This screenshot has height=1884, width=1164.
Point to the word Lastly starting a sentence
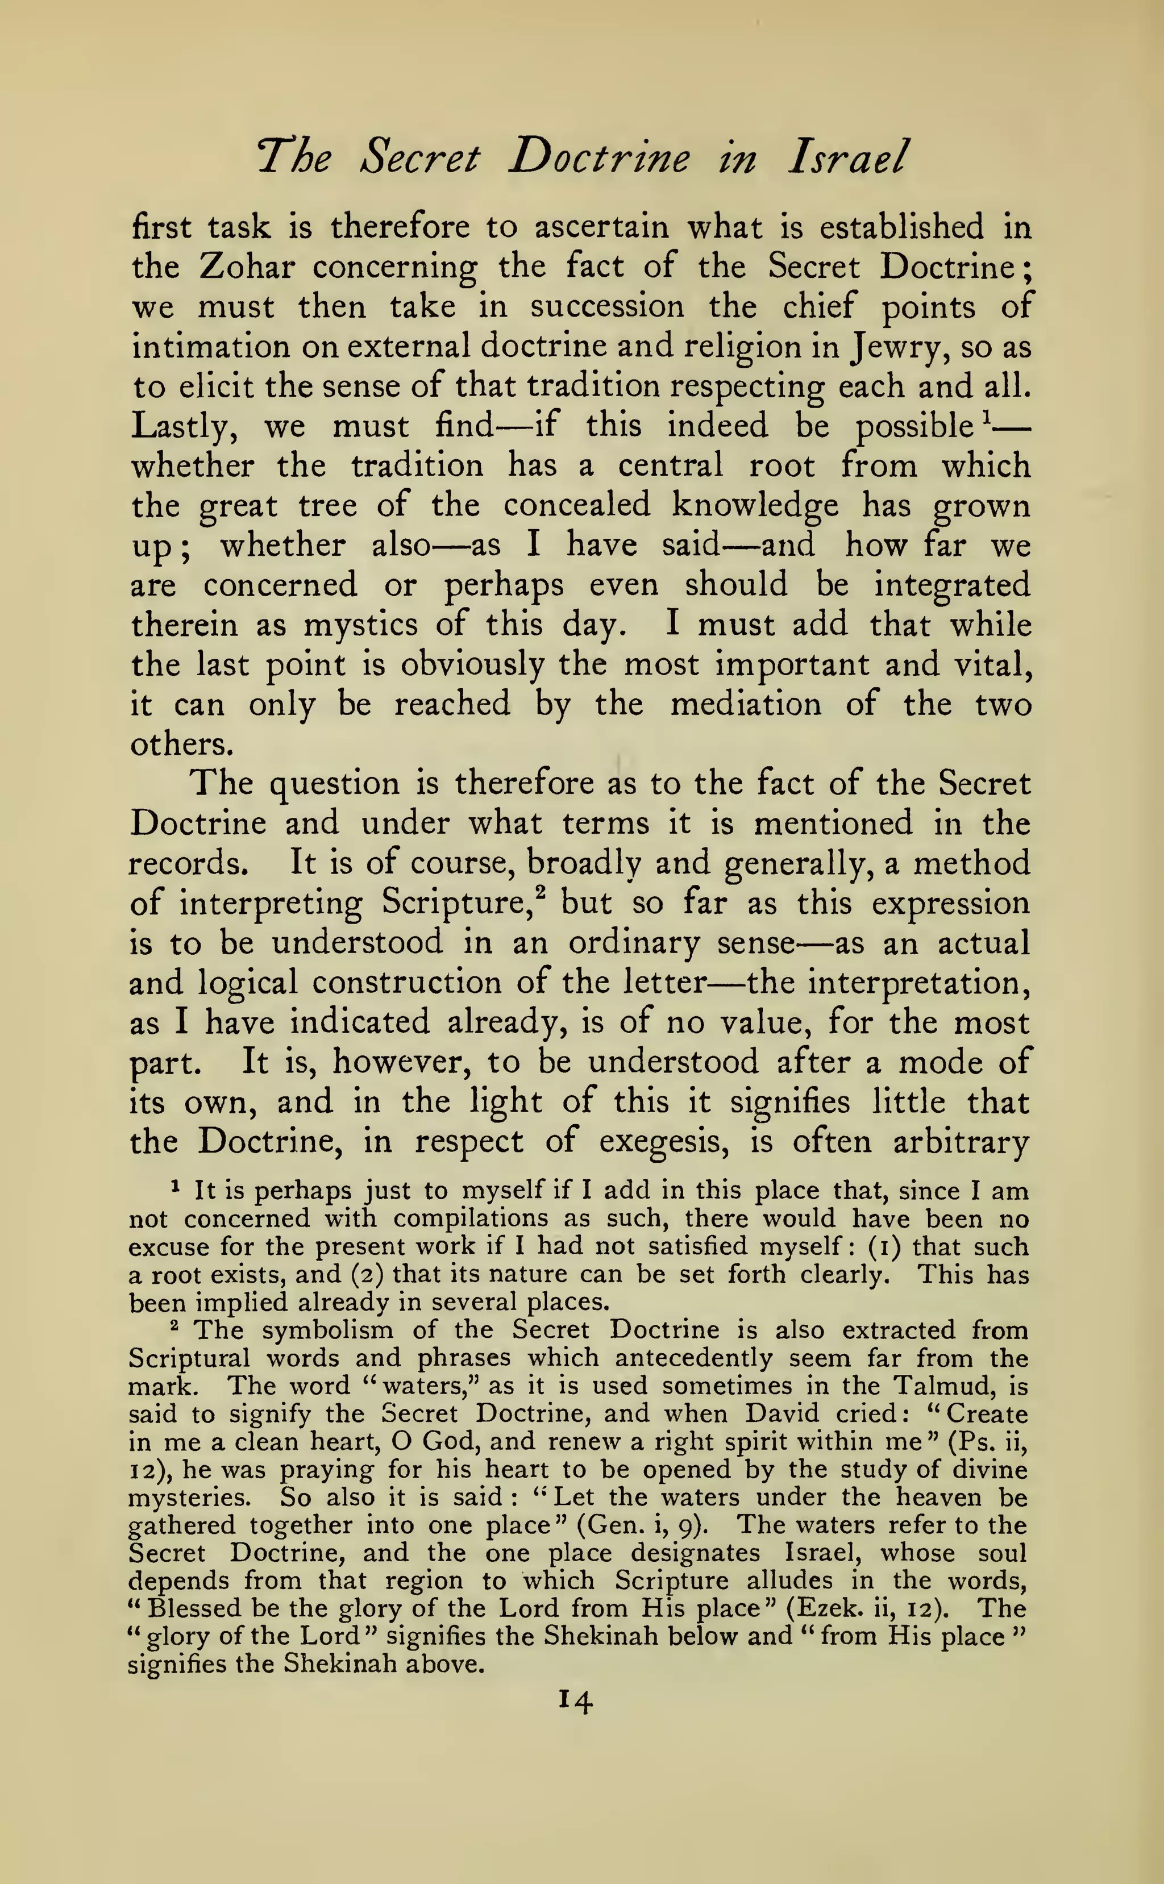coord(182,426)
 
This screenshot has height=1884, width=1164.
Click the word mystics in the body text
coord(360,624)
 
